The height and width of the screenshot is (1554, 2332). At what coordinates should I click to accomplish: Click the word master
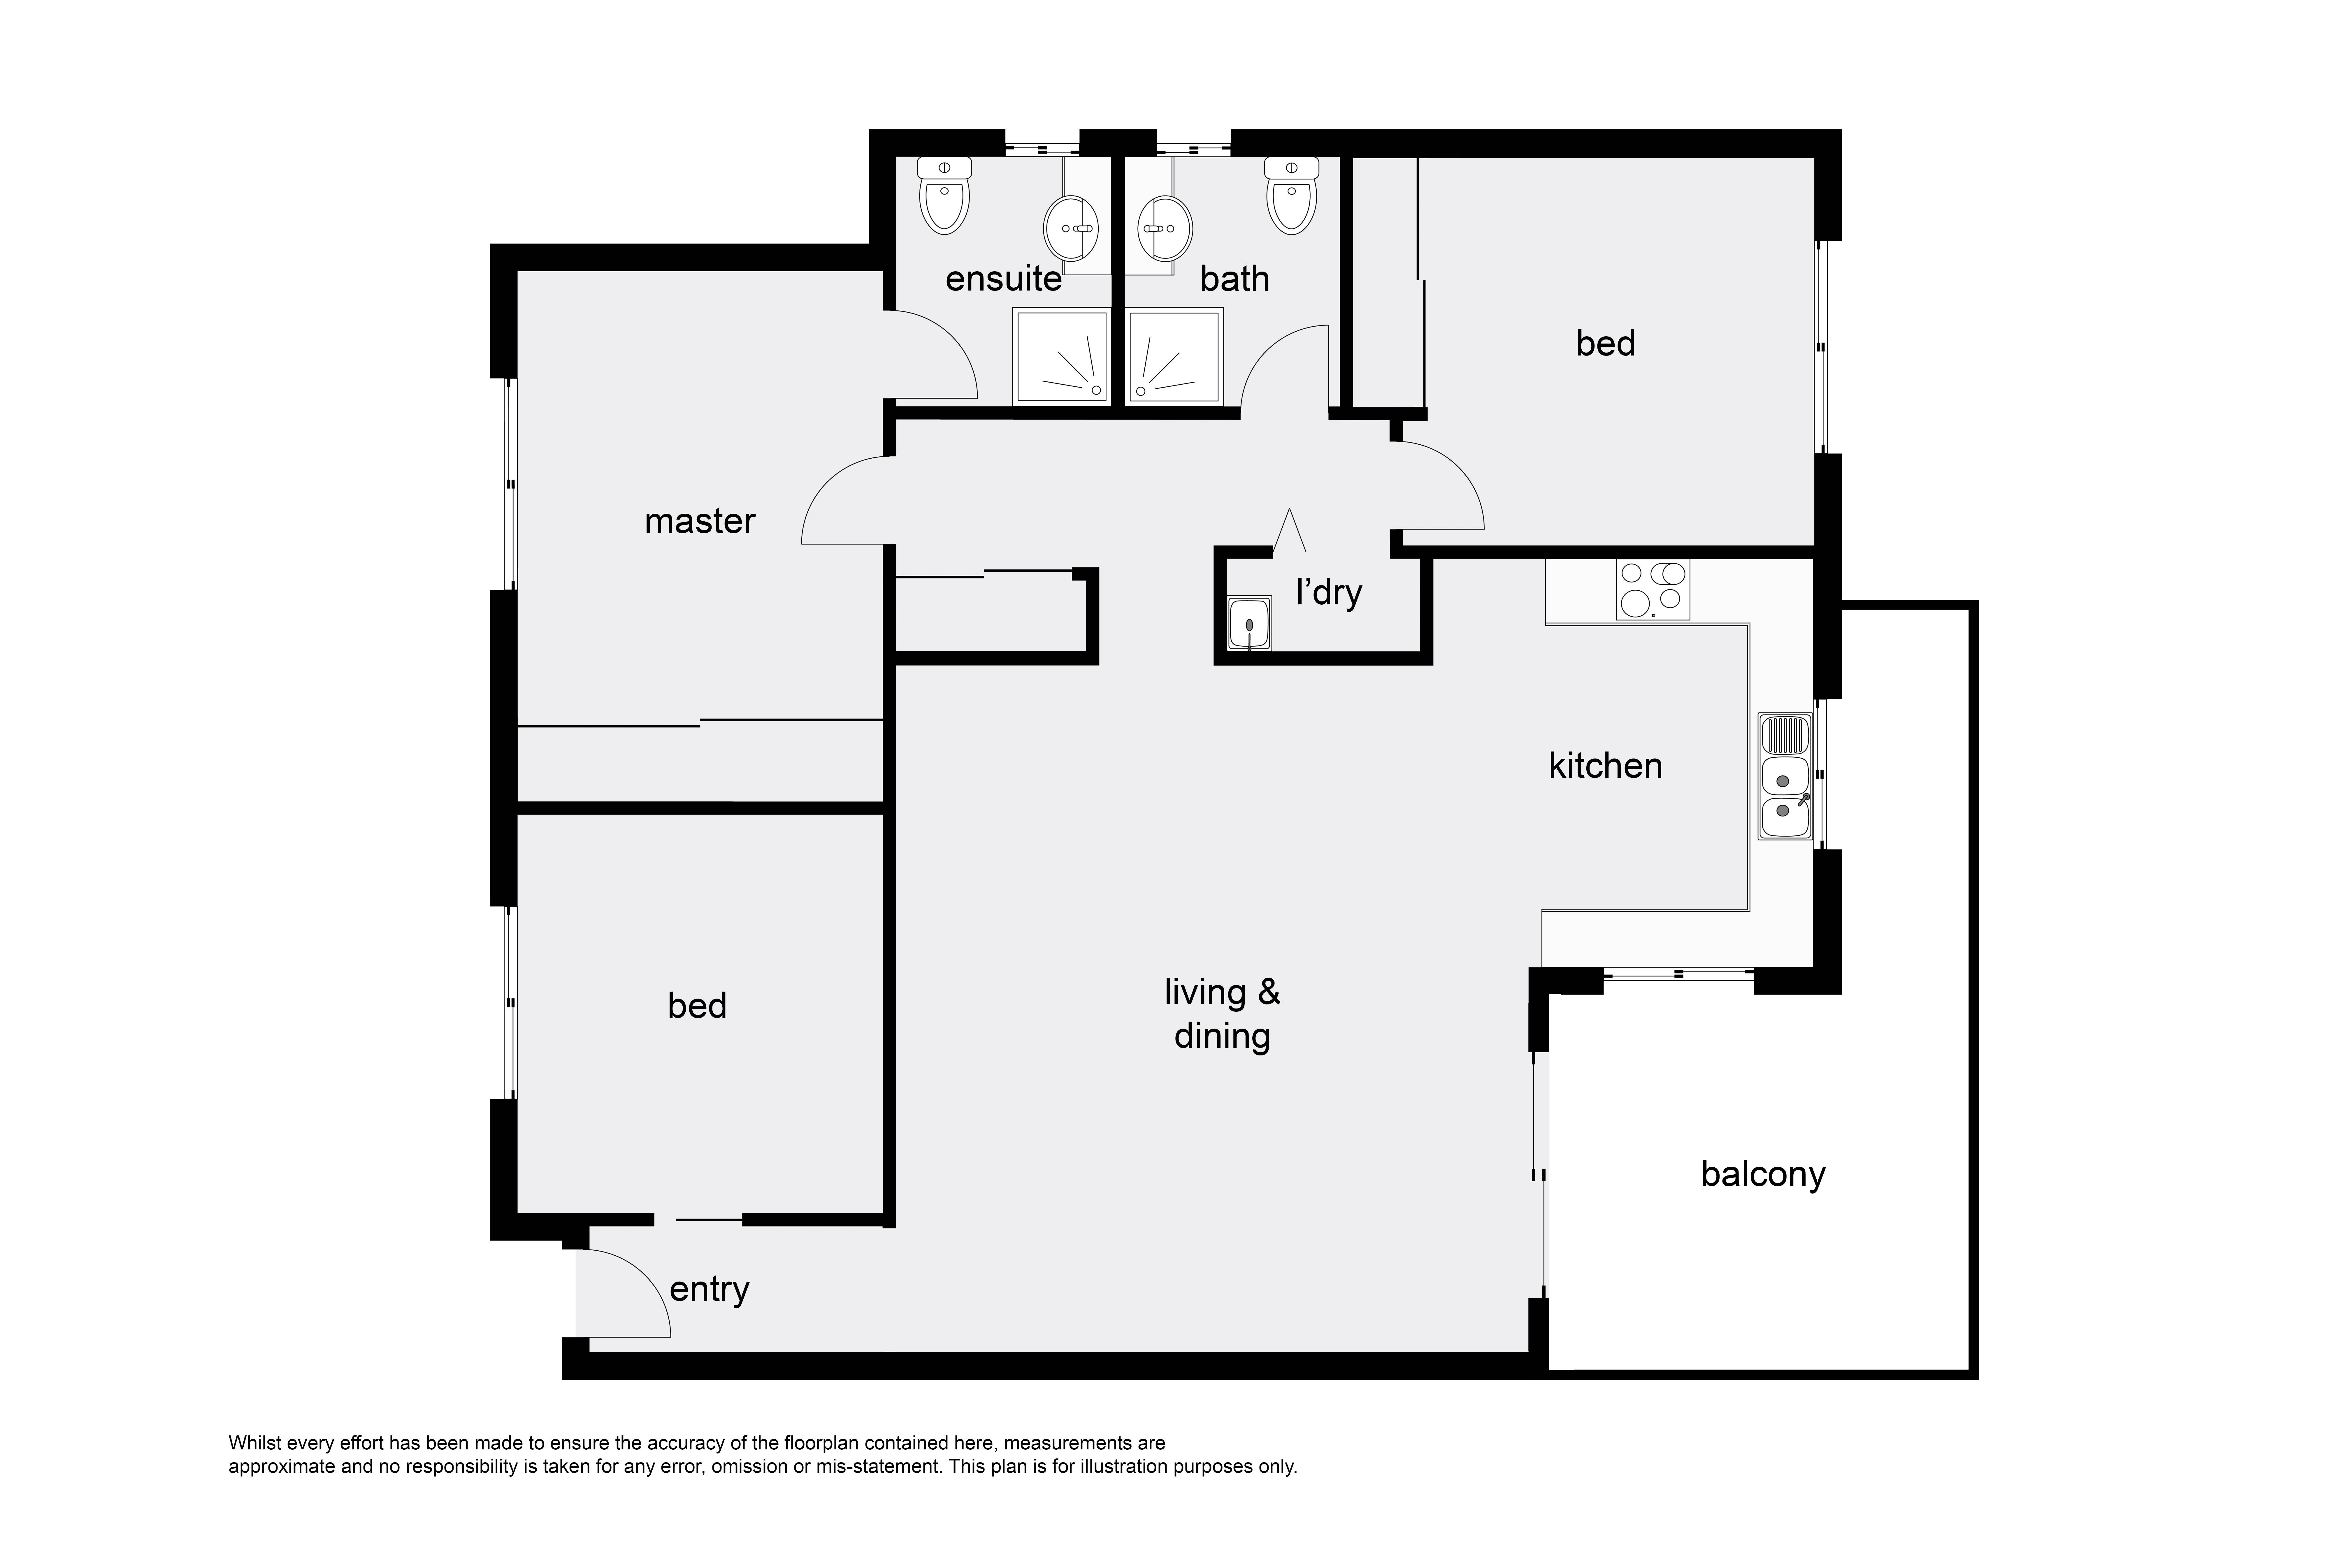click(x=700, y=521)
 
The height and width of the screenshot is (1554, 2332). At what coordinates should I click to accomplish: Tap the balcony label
click(x=1763, y=1174)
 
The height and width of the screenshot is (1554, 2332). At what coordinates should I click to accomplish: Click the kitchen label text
click(x=1605, y=766)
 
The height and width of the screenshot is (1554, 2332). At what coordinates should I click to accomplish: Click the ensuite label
click(x=1003, y=279)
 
